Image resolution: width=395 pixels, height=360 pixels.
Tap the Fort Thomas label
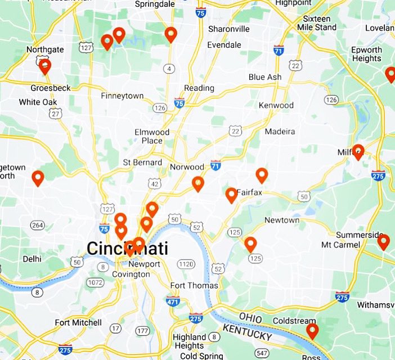(x=194, y=286)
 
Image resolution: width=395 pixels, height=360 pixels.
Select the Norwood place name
(x=187, y=167)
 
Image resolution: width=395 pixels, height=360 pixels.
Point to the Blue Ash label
(x=264, y=77)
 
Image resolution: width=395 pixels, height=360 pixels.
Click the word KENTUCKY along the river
(x=247, y=332)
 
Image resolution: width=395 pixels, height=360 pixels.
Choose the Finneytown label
(x=122, y=96)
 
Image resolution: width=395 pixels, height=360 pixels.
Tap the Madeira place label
(x=280, y=132)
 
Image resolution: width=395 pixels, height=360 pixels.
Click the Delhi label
(x=32, y=259)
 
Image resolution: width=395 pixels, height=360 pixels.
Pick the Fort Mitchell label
(x=78, y=323)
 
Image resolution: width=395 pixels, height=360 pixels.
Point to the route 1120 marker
(x=186, y=264)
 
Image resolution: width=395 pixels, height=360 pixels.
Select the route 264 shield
(x=37, y=226)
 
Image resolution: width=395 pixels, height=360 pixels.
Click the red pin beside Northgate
(x=45, y=66)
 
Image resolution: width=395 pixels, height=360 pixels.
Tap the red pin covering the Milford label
(x=358, y=151)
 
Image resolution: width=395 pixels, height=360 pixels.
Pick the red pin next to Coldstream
(x=312, y=331)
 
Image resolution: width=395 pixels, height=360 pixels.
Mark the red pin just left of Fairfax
(x=231, y=195)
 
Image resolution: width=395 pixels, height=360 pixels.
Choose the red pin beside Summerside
(x=383, y=242)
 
